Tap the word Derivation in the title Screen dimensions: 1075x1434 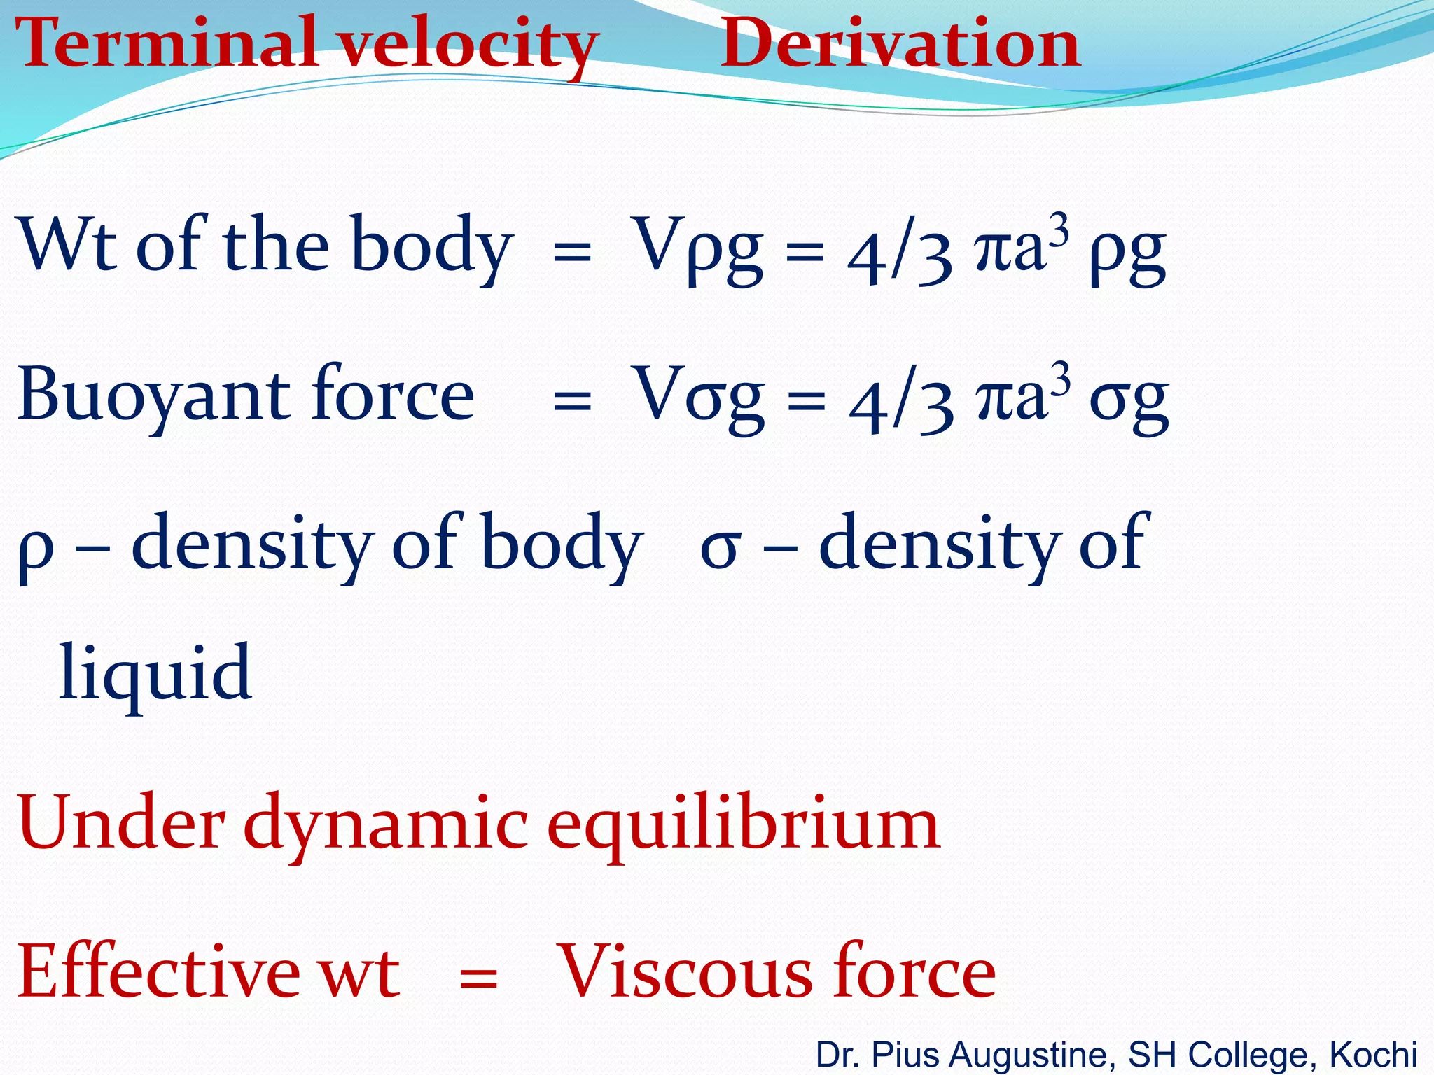(900, 43)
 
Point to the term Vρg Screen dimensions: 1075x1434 (697, 248)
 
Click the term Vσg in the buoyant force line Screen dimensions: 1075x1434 (697, 398)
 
